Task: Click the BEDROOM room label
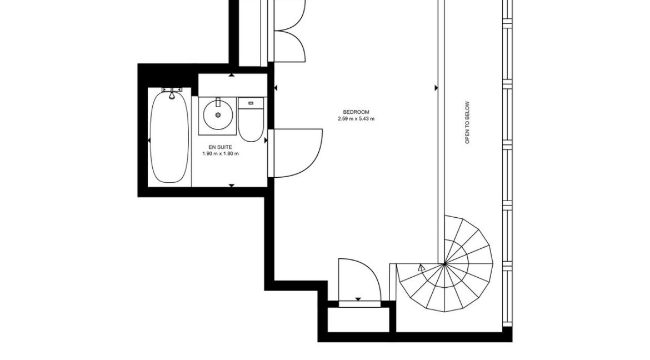[356, 112]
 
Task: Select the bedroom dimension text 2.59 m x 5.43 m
[356, 119]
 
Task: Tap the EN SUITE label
[221, 147]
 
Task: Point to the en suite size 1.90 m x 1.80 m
[221, 154]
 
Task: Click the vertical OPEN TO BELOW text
[468, 123]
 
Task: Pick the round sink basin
[217, 116]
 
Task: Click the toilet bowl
[250, 126]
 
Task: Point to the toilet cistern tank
[251, 103]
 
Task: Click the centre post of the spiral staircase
[444, 263]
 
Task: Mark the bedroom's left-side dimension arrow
[276, 87]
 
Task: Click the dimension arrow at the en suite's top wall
[232, 75]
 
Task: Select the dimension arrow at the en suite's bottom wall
[232, 185]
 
